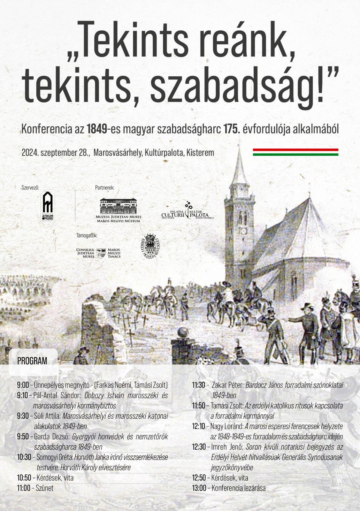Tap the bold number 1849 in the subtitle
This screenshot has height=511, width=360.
(97, 129)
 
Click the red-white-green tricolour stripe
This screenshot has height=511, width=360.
(295, 152)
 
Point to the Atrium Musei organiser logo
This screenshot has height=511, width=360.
(48, 206)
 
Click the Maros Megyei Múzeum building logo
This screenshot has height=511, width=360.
(119, 210)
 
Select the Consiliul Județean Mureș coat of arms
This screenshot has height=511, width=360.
(101, 253)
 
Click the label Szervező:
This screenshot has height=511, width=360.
(30, 188)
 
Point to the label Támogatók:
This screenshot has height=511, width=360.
(87, 236)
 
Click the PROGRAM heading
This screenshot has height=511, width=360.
(32, 361)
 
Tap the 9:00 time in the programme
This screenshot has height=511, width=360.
(23, 385)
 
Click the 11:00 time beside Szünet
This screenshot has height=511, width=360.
(24, 488)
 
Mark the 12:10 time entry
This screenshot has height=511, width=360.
(199, 426)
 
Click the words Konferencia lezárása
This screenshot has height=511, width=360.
(238, 488)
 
